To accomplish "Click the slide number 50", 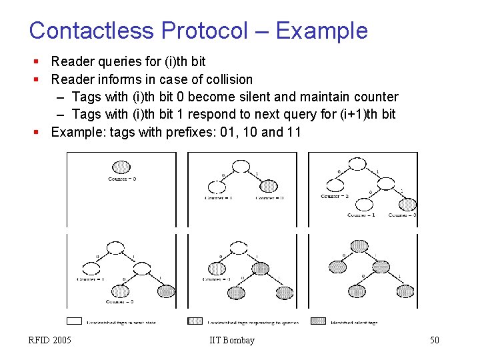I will [434, 341].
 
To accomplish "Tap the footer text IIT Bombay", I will [231, 341].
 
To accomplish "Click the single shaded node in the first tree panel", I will [121, 167].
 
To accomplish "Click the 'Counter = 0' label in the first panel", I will [122, 179].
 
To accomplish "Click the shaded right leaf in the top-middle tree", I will [268, 186].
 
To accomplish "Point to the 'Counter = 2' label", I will [334, 197].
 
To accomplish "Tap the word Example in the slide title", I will [321, 31].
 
